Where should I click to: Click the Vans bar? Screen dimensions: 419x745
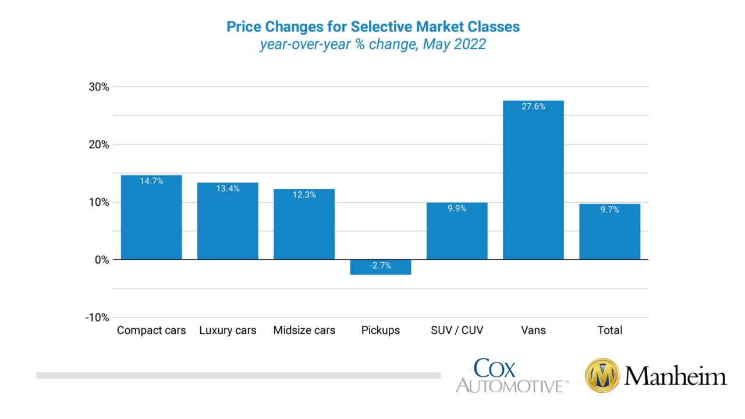click(x=533, y=181)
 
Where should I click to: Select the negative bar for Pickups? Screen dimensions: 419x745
click(x=380, y=267)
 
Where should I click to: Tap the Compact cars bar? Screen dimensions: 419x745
click(x=151, y=219)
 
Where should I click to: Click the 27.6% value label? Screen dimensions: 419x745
click(x=533, y=107)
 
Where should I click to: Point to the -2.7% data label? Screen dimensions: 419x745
click(x=380, y=266)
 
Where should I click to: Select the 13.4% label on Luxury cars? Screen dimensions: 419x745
click(x=228, y=188)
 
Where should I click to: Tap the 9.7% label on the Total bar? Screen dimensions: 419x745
click(x=609, y=209)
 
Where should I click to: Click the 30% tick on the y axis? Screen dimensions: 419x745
click(x=98, y=87)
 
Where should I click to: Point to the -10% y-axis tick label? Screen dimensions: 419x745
click(x=97, y=318)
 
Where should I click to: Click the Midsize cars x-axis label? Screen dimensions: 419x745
click(x=304, y=330)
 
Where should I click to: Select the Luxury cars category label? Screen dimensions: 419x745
click(x=228, y=330)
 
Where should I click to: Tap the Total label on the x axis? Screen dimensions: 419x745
click(x=609, y=330)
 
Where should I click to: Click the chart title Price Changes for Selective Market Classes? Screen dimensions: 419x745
click(x=372, y=27)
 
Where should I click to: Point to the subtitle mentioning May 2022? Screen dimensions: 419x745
click(x=372, y=45)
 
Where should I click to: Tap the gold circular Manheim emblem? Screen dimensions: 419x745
click(x=602, y=376)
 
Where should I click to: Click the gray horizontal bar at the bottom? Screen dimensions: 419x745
click(x=239, y=375)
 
